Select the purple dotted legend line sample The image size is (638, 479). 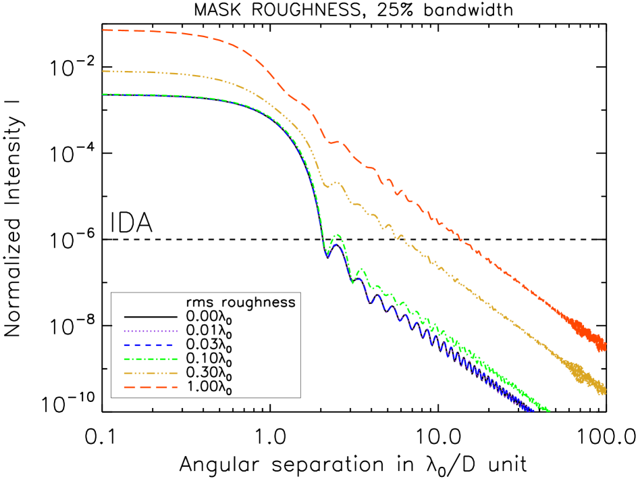tap(151, 331)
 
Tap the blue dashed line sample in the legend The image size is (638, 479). tap(151, 345)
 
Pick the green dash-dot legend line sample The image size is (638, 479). tap(151, 359)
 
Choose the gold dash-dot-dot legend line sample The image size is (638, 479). tap(151, 373)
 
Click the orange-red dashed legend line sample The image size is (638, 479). tap(151, 387)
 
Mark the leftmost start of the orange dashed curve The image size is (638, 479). tap(103, 30)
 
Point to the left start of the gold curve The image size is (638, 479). tap(103, 71)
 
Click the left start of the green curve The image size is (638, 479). tap(103, 95)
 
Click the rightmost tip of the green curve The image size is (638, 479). tap(549, 410)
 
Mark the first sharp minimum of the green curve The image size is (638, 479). tap(327, 254)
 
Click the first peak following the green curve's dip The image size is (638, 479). tap(337, 235)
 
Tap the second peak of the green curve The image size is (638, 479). tap(361, 269)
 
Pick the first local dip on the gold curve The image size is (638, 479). tap(327, 186)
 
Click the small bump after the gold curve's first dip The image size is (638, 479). tap(337, 182)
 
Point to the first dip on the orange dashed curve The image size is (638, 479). tap(330, 143)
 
